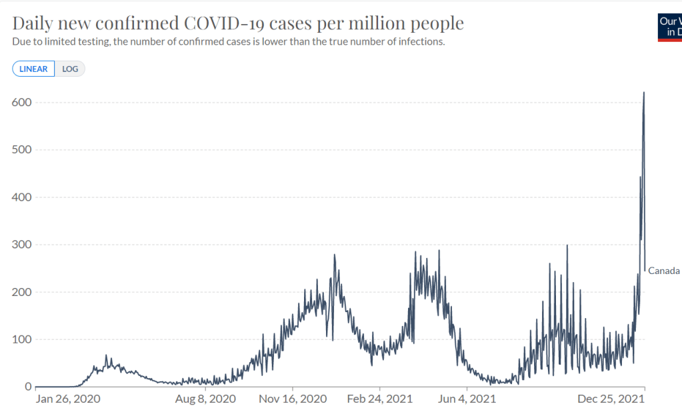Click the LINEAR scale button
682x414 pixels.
[x=33, y=69]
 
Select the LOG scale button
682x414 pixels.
[x=70, y=69]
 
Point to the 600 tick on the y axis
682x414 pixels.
[x=23, y=102]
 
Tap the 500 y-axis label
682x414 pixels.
[x=23, y=149]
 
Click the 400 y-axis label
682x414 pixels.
[x=23, y=197]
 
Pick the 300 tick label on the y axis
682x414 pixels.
[x=23, y=245]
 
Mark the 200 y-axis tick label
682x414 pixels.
[x=23, y=292]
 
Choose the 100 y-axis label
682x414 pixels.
[x=23, y=339]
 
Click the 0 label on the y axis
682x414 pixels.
[x=27, y=387]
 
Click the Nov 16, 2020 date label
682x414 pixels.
[x=293, y=399]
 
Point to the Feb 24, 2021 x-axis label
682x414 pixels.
[x=379, y=399]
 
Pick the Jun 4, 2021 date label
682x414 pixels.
[x=467, y=399]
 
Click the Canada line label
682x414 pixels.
[x=664, y=271]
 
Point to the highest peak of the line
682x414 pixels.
[x=643, y=93]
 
